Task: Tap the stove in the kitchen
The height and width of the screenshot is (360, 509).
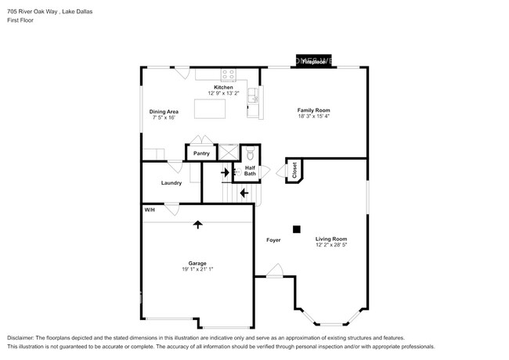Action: tap(228, 75)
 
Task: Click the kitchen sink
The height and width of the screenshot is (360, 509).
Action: tap(253, 96)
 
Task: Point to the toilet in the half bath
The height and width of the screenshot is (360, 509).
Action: tap(250, 153)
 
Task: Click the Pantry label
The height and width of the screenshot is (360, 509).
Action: tap(201, 153)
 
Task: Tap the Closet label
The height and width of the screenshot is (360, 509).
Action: tap(294, 171)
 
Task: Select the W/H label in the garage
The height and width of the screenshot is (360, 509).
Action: tap(149, 210)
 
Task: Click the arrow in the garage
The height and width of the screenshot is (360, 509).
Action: tap(197, 225)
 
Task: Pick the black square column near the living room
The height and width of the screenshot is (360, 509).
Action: tap(296, 229)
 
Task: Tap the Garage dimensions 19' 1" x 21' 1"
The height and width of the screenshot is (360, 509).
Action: tap(197, 270)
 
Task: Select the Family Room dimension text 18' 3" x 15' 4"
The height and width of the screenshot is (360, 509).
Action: tap(312, 117)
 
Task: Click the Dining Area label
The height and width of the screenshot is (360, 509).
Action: tap(163, 111)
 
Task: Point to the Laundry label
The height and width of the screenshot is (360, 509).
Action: tap(171, 183)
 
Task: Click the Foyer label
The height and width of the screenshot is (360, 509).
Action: tap(273, 239)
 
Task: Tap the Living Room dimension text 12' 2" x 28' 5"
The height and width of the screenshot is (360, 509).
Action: tap(331, 245)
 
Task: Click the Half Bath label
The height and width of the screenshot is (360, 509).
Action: tap(250, 171)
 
